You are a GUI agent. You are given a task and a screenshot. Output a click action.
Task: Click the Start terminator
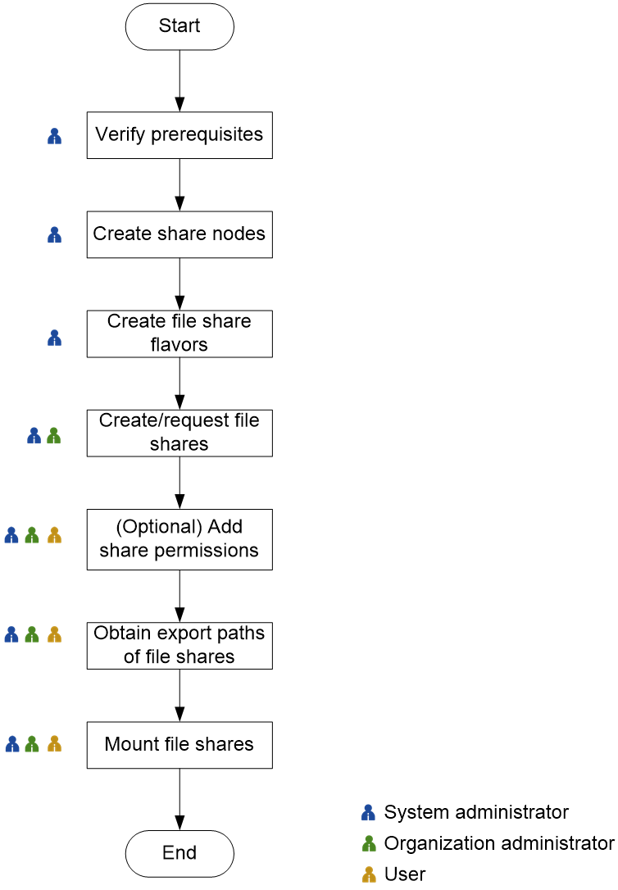pos(179,26)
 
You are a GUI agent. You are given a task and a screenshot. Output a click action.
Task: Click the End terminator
pos(179,853)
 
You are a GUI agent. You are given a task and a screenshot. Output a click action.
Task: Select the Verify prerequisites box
pos(179,135)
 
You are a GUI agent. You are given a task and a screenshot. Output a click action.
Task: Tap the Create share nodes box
pos(179,234)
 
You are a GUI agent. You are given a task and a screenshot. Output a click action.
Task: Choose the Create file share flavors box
pos(179,334)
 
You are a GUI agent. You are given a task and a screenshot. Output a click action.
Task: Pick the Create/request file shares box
pos(179,433)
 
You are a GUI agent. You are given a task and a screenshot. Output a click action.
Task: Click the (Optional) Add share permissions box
pos(179,539)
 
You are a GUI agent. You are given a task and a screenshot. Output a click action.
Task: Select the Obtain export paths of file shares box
pos(179,646)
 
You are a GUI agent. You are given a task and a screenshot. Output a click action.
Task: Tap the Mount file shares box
pos(179,745)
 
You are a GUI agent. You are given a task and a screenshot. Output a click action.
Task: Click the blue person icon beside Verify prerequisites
pos(55,136)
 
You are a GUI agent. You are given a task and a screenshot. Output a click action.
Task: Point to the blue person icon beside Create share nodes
pos(55,235)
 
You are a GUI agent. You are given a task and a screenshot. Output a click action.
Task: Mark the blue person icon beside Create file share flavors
pos(55,337)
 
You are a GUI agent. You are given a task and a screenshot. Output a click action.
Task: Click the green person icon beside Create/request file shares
pos(54,436)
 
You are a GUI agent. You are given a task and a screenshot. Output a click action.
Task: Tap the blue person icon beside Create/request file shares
pos(34,436)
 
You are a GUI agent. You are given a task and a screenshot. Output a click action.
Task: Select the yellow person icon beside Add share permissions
pos(54,535)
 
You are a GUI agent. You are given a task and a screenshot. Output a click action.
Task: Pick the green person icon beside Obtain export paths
pos(32,634)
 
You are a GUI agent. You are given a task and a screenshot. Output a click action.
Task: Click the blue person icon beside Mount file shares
pos(12,744)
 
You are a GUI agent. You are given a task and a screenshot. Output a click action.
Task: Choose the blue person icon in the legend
pos(368,813)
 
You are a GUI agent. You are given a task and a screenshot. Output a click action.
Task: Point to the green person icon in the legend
pos(369,843)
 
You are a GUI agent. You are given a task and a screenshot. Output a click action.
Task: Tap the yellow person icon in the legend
pos(369,874)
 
